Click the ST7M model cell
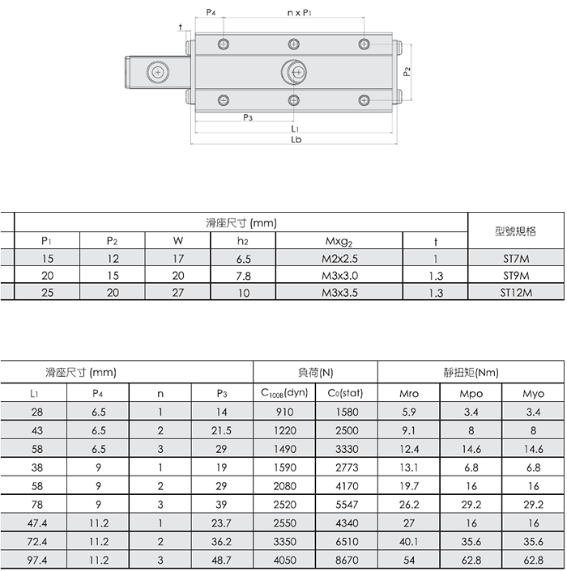516,259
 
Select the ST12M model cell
516,293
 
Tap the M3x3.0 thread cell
339,276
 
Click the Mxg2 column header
339,242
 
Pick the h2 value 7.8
243,276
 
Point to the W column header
178,241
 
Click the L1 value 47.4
37,523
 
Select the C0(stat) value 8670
347,560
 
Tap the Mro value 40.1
409,542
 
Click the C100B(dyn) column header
284,393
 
